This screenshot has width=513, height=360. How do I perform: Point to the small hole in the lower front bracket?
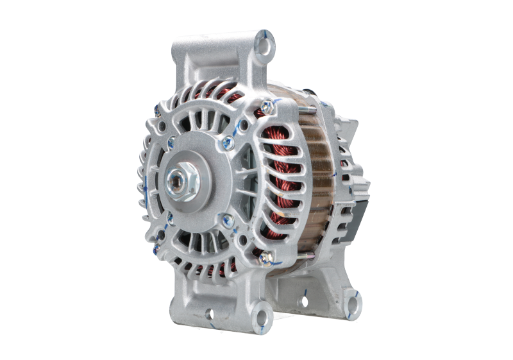pyautogui.click(x=208, y=315)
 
